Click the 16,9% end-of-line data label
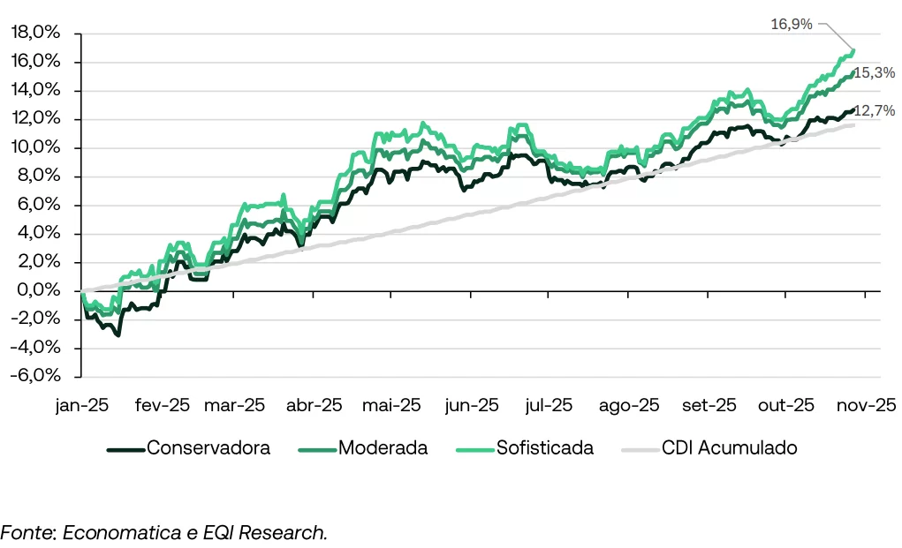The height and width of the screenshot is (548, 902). click(x=791, y=24)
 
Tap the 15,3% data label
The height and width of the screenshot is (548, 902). click(x=873, y=72)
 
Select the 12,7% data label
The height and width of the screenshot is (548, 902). click(x=873, y=110)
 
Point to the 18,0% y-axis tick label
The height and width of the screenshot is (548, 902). click(x=36, y=33)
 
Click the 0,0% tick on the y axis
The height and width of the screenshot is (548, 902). click(x=40, y=290)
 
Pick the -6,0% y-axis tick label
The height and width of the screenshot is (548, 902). click(x=36, y=376)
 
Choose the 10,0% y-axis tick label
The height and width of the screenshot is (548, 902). click(x=36, y=147)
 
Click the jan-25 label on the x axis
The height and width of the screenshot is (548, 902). click(x=81, y=406)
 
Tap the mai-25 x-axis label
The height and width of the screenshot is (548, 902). click(x=391, y=406)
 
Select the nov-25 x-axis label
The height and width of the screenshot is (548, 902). click(x=868, y=406)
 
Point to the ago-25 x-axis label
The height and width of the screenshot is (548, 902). click(x=629, y=406)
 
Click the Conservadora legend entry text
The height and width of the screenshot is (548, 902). click(x=208, y=448)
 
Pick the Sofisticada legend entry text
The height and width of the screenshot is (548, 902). click(x=544, y=448)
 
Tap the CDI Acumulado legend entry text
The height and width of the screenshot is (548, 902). click(x=729, y=448)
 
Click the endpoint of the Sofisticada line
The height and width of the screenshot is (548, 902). click(x=853, y=51)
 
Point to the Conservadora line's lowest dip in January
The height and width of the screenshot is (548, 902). click(x=117, y=335)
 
